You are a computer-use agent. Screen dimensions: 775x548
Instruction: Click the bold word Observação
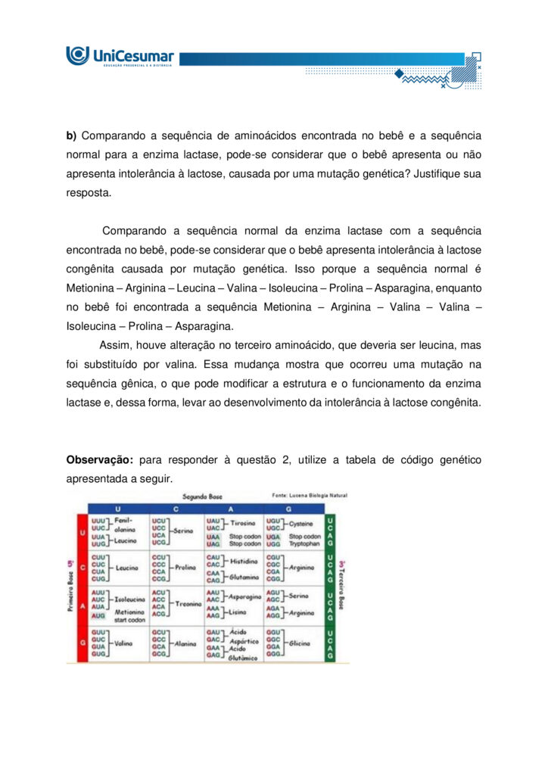(100, 460)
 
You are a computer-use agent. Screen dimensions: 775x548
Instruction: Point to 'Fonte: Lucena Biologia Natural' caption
(310, 496)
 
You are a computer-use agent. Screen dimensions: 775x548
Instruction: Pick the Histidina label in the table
(243, 561)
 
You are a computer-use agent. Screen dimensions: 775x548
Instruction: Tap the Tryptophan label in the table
(305, 544)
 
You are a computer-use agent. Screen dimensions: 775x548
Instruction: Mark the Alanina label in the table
(185, 643)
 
